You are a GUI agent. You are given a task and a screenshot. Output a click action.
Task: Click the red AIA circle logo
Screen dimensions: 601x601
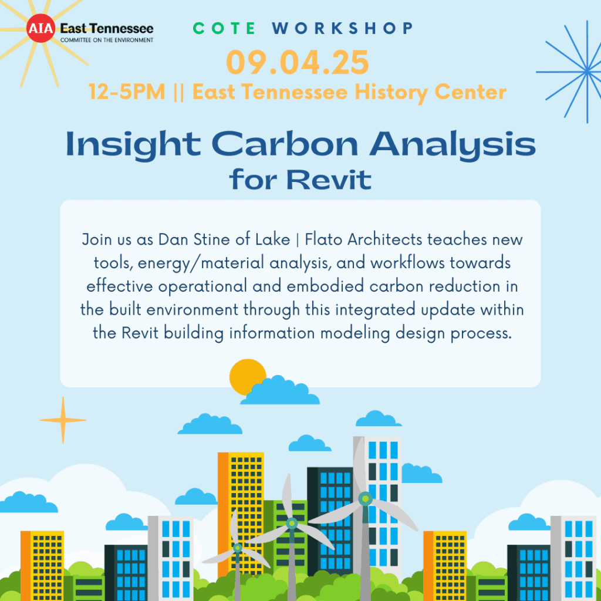click(x=40, y=28)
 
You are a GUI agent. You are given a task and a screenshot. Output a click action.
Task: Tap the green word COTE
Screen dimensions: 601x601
click(x=224, y=28)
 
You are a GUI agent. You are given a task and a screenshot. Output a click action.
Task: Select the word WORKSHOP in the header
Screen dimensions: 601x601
click(x=342, y=28)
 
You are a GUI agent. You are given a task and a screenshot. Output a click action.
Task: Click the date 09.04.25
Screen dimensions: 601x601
click(x=298, y=62)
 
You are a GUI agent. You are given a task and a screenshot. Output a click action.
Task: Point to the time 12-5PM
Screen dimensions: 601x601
click(x=127, y=92)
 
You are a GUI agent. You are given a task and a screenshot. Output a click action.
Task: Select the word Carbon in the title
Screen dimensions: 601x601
click(x=285, y=144)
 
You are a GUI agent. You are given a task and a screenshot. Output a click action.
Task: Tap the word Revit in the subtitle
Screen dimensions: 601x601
click(x=329, y=180)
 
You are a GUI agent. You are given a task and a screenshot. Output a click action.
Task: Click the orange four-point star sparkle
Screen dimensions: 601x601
click(x=63, y=420)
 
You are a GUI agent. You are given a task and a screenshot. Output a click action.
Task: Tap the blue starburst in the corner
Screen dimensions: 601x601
click(x=587, y=71)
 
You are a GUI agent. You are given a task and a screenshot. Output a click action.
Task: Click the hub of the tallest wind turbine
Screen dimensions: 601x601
click(x=365, y=499)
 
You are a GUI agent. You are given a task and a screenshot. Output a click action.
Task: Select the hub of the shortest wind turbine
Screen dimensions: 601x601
click(x=238, y=548)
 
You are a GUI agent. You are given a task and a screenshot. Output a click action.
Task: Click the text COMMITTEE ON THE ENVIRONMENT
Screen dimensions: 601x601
click(x=107, y=40)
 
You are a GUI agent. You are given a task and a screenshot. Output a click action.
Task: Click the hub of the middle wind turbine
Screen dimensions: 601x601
click(x=292, y=523)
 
